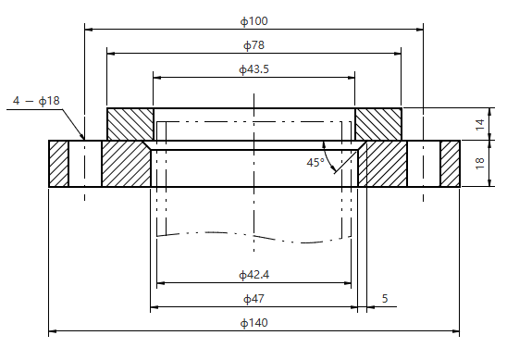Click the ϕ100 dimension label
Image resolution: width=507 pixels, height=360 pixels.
(253, 19)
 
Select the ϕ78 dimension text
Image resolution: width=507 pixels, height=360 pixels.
(253, 44)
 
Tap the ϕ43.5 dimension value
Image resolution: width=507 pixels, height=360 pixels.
(253, 69)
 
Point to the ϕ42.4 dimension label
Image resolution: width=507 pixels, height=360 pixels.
(253, 274)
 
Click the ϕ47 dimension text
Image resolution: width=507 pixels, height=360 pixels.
(253, 298)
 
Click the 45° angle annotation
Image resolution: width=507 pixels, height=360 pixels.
(315, 163)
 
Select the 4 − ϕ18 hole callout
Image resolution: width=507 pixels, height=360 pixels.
(36, 100)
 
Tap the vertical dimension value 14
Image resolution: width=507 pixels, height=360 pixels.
(479, 124)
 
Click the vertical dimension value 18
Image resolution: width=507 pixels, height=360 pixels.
(479, 164)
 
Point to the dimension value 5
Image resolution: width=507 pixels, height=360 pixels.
(384, 298)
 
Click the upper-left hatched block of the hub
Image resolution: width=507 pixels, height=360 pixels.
(130, 124)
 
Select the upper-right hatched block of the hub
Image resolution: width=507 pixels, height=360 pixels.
(378, 124)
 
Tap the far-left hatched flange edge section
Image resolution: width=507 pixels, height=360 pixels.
(58, 164)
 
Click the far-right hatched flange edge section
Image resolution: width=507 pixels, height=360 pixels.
(450, 164)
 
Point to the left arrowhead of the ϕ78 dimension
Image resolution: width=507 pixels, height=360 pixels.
(112, 53)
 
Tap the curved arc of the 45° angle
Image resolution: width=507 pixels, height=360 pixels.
(334, 159)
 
